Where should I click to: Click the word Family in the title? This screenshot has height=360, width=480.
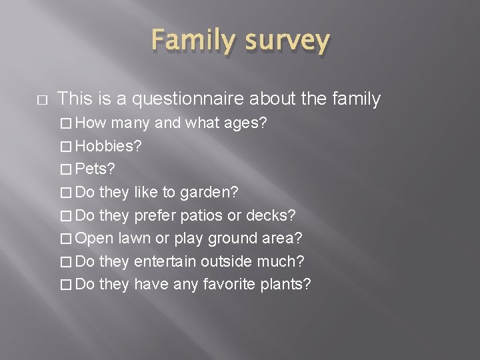[x=190, y=41]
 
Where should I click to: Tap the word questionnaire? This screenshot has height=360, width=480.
[x=189, y=99]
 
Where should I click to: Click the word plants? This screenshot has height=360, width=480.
[x=286, y=285]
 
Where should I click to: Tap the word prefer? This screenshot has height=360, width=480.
[x=154, y=215]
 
